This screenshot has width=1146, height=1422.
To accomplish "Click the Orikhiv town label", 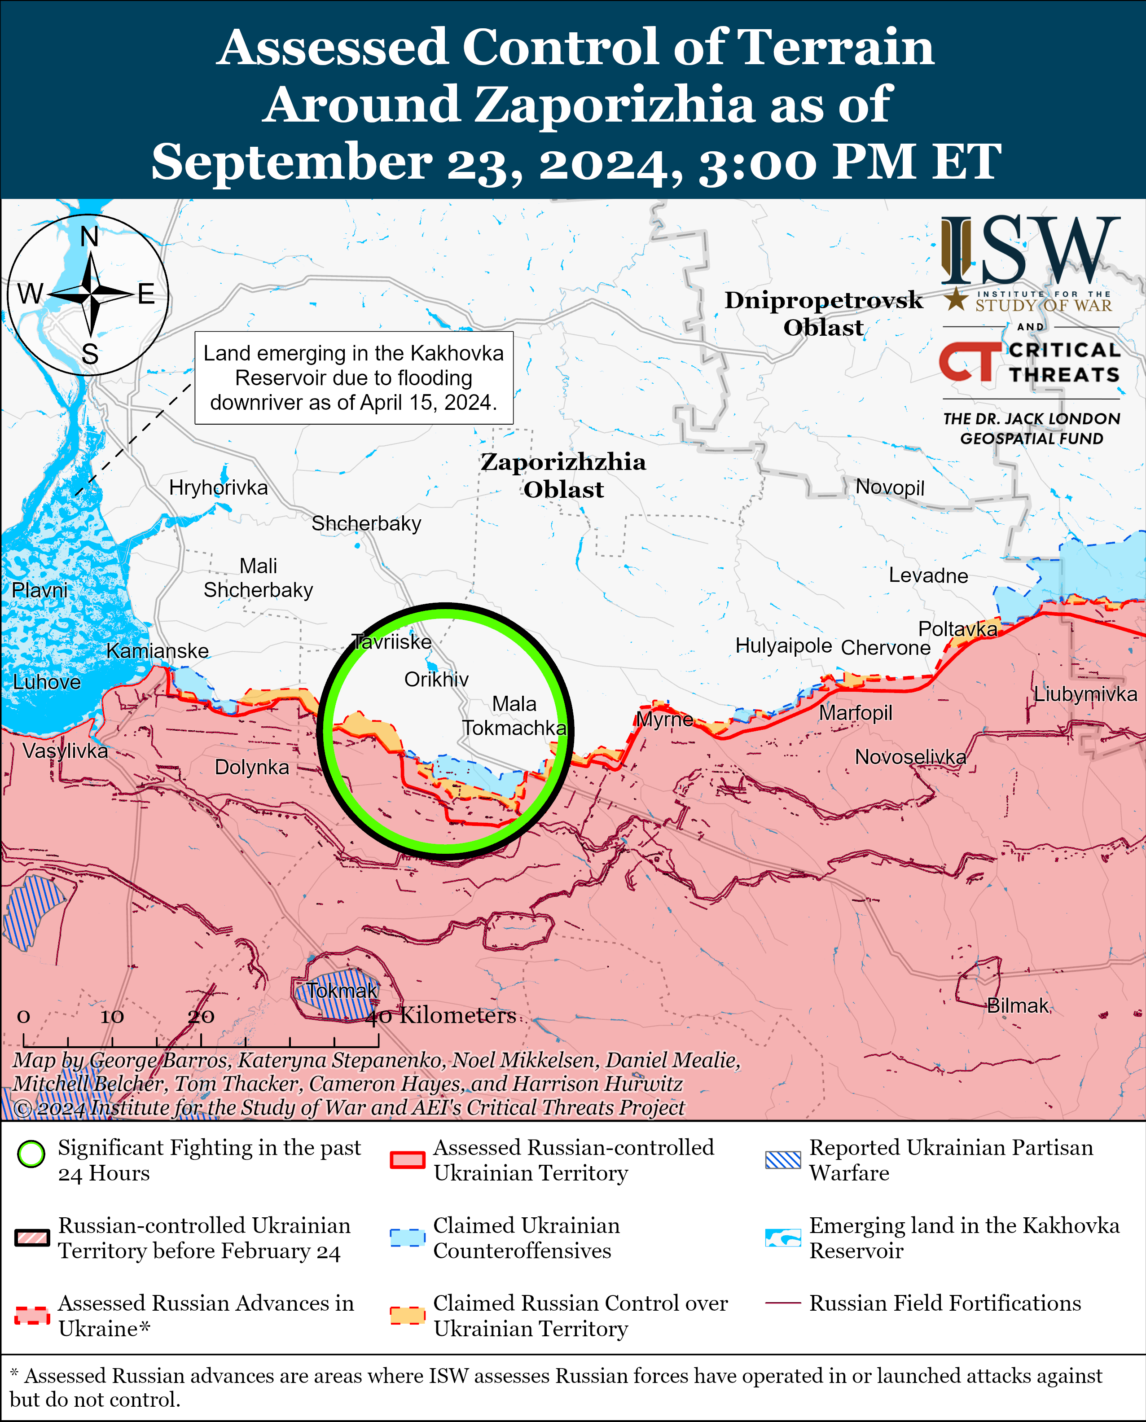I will (x=436, y=679).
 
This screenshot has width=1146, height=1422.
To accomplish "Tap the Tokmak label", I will (x=342, y=990).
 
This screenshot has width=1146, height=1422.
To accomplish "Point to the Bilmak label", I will (x=1017, y=1005).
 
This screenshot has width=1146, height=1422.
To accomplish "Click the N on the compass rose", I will (x=89, y=237).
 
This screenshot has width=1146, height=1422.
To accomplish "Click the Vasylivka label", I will (x=65, y=750).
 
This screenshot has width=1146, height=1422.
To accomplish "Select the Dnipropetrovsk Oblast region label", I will (x=823, y=314).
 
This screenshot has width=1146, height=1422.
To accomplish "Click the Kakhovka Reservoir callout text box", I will (x=354, y=377).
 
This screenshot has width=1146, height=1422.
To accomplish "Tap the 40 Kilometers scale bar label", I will (x=441, y=1015).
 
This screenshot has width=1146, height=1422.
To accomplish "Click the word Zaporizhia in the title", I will (x=614, y=104).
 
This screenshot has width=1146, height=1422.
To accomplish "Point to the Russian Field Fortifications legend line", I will (x=783, y=1303).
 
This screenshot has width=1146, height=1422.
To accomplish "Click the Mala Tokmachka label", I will (x=514, y=715).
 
